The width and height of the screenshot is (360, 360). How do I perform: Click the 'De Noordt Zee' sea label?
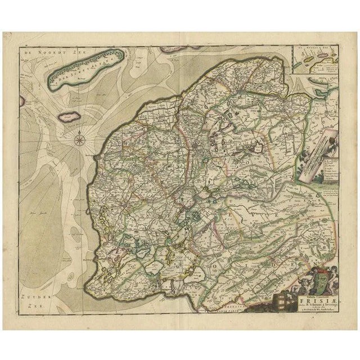point(43,52)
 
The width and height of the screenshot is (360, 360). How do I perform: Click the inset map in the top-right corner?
point(318,62)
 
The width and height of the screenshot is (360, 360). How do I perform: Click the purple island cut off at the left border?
point(22,102)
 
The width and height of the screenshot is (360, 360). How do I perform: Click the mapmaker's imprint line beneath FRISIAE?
point(307,313)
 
